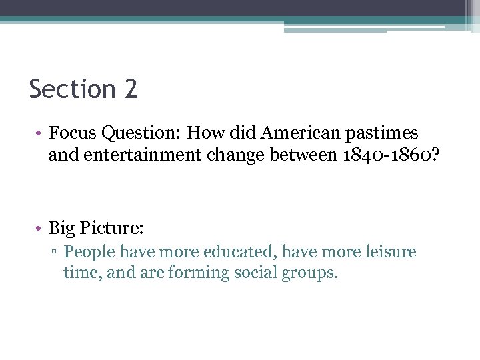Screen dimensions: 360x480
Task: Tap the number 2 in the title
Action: [131, 89]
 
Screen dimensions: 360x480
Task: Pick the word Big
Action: [62, 229]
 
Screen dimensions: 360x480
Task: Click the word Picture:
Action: [111, 229]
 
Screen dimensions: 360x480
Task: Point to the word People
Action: [88, 253]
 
